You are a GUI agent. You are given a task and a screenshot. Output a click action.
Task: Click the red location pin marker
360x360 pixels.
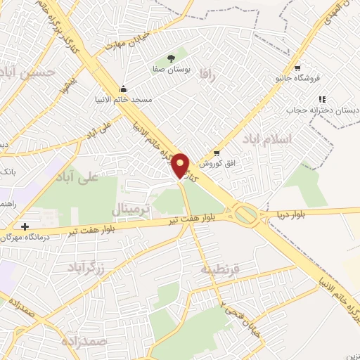tap(180, 165)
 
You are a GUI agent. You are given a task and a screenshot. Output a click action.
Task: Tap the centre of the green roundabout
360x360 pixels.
tap(246, 214)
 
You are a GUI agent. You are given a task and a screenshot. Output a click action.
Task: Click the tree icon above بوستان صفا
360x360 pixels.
tap(172, 58)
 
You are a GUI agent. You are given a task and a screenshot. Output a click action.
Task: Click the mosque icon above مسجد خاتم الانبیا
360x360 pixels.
tap(124, 89)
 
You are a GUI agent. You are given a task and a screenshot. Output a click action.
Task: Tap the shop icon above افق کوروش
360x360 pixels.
tap(217, 153)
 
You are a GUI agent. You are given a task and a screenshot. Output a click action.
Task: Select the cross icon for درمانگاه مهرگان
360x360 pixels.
tap(25, 227)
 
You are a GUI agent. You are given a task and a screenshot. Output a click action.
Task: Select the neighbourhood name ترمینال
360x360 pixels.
tap(130, 210)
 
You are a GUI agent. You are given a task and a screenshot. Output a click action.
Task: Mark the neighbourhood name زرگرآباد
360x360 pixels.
tap(86, 267)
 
